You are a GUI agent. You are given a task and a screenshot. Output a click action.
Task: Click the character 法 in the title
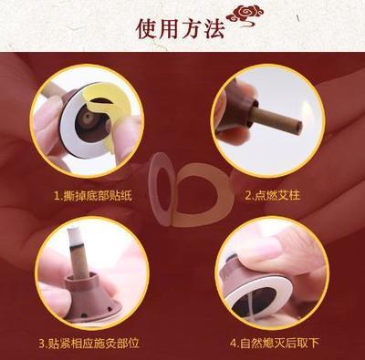[214, 29]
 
